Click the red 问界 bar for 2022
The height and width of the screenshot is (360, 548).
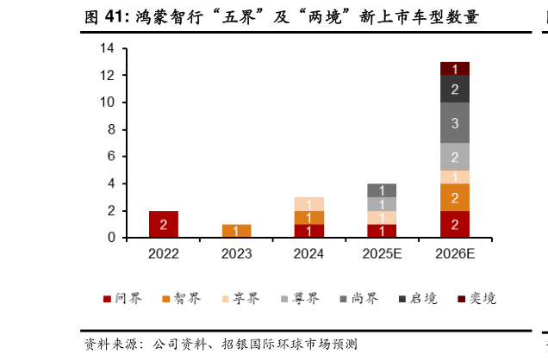click(x=163, y=224)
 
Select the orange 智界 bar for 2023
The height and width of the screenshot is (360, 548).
click(x=236, y=231)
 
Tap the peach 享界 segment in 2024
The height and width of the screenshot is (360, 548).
click(x=308, y=204)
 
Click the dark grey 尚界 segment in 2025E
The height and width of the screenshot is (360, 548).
click(x=382, y=190)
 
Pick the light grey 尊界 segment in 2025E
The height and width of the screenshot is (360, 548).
click(x=382, y=204)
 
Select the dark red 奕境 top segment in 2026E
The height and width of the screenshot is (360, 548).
click(x=454, y=69)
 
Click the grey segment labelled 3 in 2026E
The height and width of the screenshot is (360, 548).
click(x=454, y=123)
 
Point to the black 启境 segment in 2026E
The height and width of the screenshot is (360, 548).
click(x=454, y=89)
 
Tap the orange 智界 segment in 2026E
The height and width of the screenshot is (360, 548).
click(x=454, y=197)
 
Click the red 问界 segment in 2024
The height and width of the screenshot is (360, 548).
click(x=308, y=231)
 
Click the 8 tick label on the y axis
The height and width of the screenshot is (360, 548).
click(x=110, y=130)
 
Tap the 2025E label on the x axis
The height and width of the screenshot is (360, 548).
click(x=382, y=253)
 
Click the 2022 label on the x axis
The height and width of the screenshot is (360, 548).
click(x=163, y=253)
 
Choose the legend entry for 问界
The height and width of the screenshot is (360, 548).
click(x=122, y=299)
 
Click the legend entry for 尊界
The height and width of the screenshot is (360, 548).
click(x=299, y=299)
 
